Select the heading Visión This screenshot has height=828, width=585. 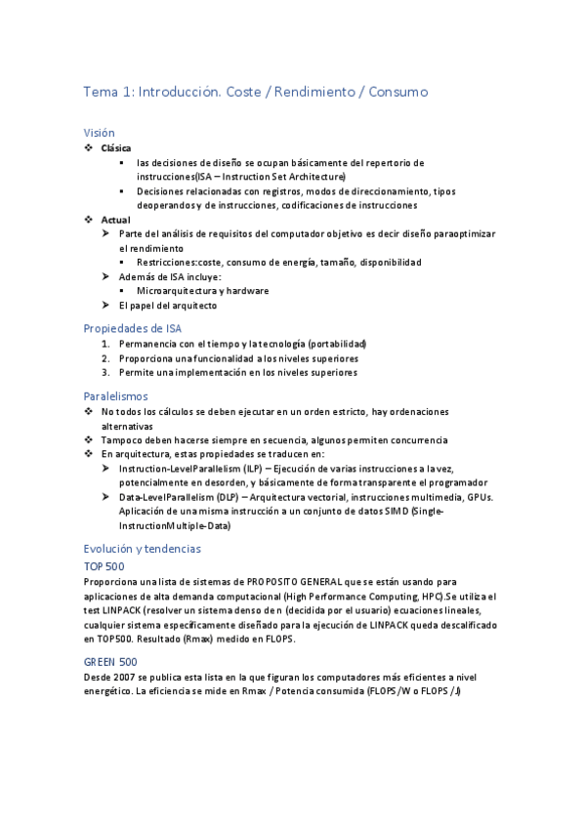point(99,132)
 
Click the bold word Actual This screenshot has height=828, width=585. point(115,220)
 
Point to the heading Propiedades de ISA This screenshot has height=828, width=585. point(133,328)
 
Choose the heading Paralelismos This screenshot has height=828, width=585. point(115,396)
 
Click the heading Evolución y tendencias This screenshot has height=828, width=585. point(143,549)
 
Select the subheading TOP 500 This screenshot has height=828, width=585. point(104,566)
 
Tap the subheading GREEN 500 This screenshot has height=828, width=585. point(109,661)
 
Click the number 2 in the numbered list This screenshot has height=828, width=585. point(106,358)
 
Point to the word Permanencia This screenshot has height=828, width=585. point(146,345)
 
